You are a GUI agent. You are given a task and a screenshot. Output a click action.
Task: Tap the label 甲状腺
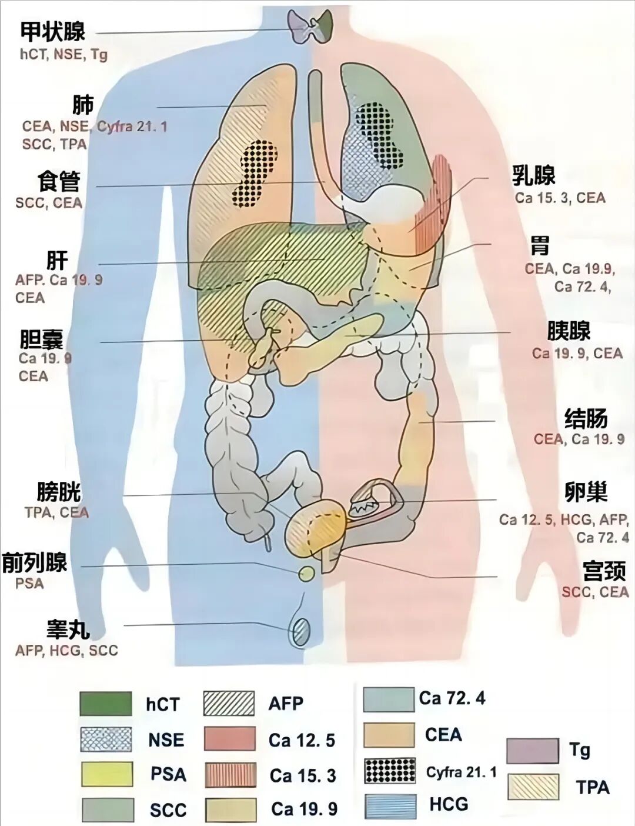click(x=53, y=32)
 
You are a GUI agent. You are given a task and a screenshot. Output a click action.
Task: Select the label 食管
click(x=59, y=182)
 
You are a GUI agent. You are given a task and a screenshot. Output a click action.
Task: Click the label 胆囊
click(x=41, y=339)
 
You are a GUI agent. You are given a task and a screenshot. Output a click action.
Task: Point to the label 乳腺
click(x=533, y=175)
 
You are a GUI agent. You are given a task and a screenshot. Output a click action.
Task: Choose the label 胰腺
click(x=569, y=331)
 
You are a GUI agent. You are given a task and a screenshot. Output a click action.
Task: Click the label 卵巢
click(x=586, y=492)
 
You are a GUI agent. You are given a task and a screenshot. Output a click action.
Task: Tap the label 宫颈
click(x=604, y=571)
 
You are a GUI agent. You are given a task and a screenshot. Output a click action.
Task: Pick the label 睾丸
click(x=68, y=630)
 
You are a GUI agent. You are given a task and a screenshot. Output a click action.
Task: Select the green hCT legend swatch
click(x=106, y=704)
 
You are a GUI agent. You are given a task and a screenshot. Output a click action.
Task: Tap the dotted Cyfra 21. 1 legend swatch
click(x=390, y=771)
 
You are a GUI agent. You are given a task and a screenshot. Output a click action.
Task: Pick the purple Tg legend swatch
click(x=533, y=751)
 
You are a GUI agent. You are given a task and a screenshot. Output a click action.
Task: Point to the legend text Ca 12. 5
click(x=302, y=740)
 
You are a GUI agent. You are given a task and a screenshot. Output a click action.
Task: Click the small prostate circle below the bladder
click(x=306, y=574)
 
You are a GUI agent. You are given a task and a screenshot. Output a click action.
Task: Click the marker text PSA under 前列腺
click(x=29, y=584)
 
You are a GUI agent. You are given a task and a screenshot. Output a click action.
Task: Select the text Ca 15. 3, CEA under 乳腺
click(x=560, y=198)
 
